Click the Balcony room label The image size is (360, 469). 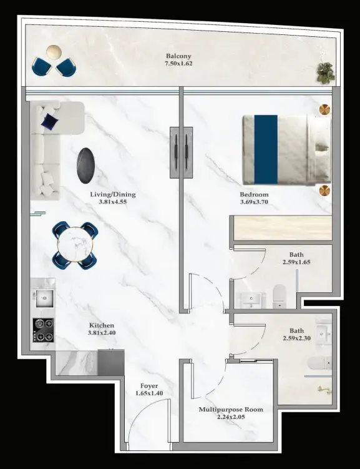178,56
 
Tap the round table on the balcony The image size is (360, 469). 54,51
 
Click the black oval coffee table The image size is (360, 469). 86,164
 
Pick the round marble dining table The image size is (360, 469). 74,245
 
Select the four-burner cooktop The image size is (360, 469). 43,330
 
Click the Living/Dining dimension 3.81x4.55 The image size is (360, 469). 112,202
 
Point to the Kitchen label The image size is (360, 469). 101,325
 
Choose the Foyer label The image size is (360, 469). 148,386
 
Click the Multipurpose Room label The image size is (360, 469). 230,410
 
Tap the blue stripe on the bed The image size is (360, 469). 266,149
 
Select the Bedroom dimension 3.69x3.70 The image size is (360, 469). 254,202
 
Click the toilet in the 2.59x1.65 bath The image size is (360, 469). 280,296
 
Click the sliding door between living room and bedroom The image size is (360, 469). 181,152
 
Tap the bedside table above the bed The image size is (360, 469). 324,110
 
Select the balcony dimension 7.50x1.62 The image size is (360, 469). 178,64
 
